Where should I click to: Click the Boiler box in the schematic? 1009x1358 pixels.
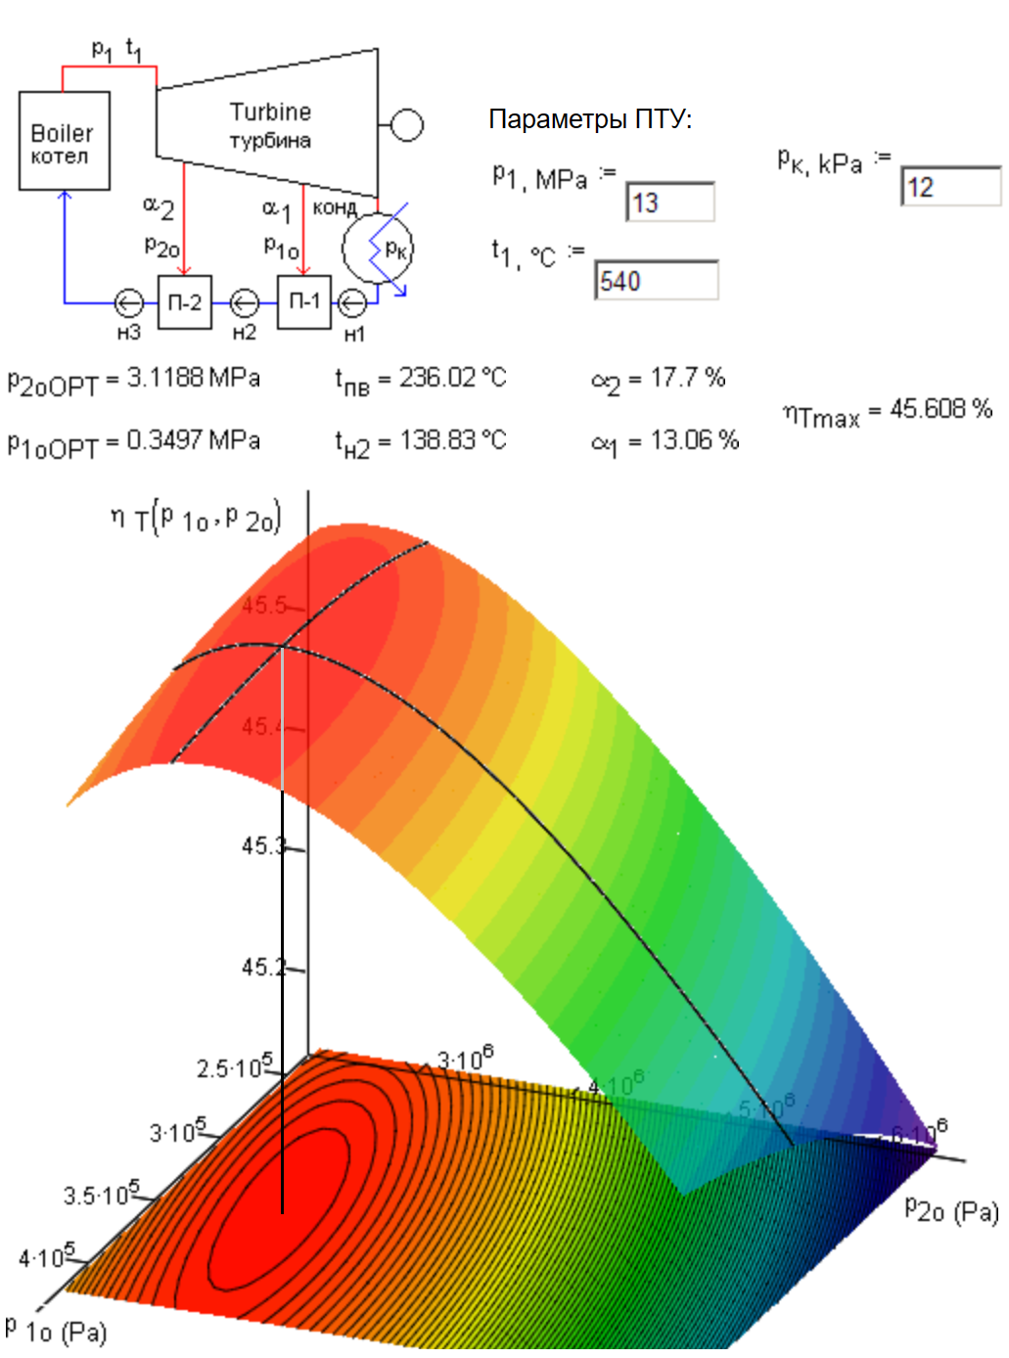(x=64, y=141)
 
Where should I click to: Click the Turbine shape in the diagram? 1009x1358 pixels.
(x=269, y=124)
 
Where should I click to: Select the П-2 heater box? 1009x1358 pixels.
(x=184, y=302)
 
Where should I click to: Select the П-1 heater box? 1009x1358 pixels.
(x=304, y=302)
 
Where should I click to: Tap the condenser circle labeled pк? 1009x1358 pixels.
(x=378, y=249)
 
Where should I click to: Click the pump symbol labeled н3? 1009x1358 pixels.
(x=128, y=303)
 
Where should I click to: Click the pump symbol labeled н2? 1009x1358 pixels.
(x=244, y=303)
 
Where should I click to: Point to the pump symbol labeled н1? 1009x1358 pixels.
(x=352, y=303)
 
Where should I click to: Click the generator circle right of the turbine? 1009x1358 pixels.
(x=407, y=125)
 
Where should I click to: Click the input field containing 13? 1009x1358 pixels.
(x=670, y=203)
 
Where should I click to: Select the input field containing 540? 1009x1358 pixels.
(x=657, y=281)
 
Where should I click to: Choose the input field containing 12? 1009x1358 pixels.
(x=950, y=187)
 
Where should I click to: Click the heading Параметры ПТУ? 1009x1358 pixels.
(x=590, y=119)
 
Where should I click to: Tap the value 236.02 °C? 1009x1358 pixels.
(x=452, y=378)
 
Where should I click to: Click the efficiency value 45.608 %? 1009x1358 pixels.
(x=940, y=409)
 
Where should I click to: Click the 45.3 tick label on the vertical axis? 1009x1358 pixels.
(x=262, y=845)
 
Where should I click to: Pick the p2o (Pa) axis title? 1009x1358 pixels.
(x=951, y=1210)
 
